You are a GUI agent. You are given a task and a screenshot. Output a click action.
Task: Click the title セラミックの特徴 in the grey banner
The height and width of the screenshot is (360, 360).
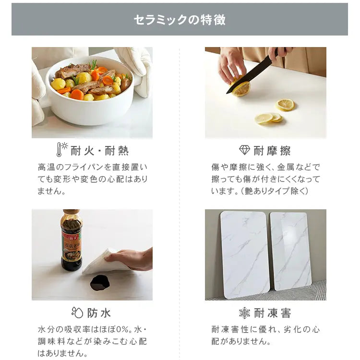coord(180,20)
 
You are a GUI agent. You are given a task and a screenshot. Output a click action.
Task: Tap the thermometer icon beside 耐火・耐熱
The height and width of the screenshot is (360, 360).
coord(59,149)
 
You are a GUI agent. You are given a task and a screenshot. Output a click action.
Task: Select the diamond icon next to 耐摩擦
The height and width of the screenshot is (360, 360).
coord(244,150)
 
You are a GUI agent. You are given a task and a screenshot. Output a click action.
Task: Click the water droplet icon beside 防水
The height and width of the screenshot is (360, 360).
coord(77,312)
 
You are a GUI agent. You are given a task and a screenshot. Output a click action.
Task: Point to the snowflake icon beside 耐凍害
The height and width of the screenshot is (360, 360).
coord(244,312)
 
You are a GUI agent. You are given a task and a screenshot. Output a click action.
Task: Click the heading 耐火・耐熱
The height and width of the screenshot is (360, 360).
coord(100,151)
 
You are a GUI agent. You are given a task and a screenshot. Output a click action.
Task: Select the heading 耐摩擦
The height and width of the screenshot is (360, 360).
coord(272,151)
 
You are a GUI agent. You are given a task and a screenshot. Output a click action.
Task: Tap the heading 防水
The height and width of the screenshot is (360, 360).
coord(99,313)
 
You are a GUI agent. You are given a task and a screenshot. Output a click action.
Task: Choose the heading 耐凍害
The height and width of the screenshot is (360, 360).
coord(273,313)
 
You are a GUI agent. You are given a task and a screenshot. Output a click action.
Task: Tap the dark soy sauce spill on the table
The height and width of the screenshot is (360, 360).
coord(100,283)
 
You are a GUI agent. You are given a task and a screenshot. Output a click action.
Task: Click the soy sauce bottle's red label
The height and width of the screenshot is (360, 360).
coord(71,246)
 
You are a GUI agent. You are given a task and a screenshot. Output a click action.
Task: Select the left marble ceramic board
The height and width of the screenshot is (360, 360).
coord(245,254)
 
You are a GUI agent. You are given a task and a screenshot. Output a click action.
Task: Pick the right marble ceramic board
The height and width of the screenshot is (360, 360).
coord(291,251)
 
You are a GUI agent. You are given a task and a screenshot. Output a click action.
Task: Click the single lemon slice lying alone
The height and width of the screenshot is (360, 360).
coord(285,105)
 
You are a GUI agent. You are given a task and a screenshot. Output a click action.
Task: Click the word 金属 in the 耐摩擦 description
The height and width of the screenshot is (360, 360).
coord(286,167)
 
